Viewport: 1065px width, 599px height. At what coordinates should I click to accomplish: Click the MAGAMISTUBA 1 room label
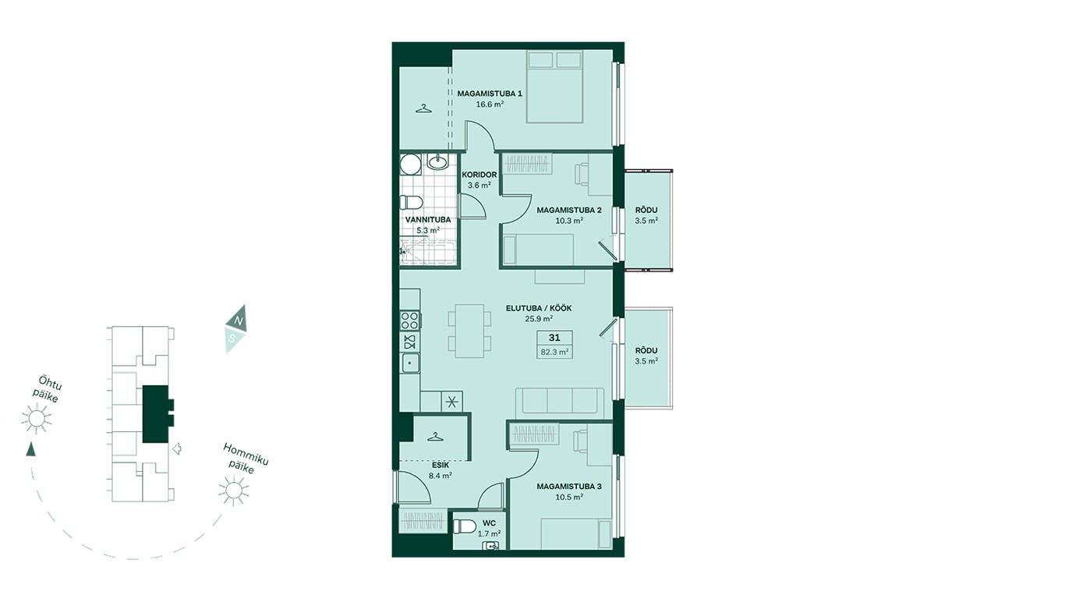coord(490,94)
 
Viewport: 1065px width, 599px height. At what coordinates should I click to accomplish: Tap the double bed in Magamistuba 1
coord(555,87)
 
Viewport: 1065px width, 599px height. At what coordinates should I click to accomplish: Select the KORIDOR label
coord(479,175)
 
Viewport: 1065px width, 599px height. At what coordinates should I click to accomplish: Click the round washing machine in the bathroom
coord(410,165)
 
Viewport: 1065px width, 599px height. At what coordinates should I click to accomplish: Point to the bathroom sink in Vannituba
coord(437,161)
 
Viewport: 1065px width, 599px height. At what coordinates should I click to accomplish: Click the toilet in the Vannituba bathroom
coord(411,203)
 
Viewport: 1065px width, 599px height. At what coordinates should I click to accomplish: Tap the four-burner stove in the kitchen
coord(410,321)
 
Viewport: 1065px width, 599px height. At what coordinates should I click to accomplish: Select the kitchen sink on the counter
coord(410,363)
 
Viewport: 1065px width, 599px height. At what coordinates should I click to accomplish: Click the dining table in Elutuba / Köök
coord(470,331)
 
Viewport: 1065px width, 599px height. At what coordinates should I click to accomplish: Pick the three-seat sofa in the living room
coord(560,402)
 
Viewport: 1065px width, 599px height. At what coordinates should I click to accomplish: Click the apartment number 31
coord(554,338)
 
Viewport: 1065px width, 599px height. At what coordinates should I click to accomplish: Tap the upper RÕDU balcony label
coord(646,210)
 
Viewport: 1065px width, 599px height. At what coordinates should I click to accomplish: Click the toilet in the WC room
coord(465,526)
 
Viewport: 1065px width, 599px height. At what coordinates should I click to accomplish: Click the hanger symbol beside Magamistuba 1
coord(424,109)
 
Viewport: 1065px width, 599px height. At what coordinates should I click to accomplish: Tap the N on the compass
coord(239,321)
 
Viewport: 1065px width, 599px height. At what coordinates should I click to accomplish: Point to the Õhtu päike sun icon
coord(36,418)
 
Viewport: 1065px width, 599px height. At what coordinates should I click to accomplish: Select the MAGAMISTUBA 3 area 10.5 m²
coord(569,497)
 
